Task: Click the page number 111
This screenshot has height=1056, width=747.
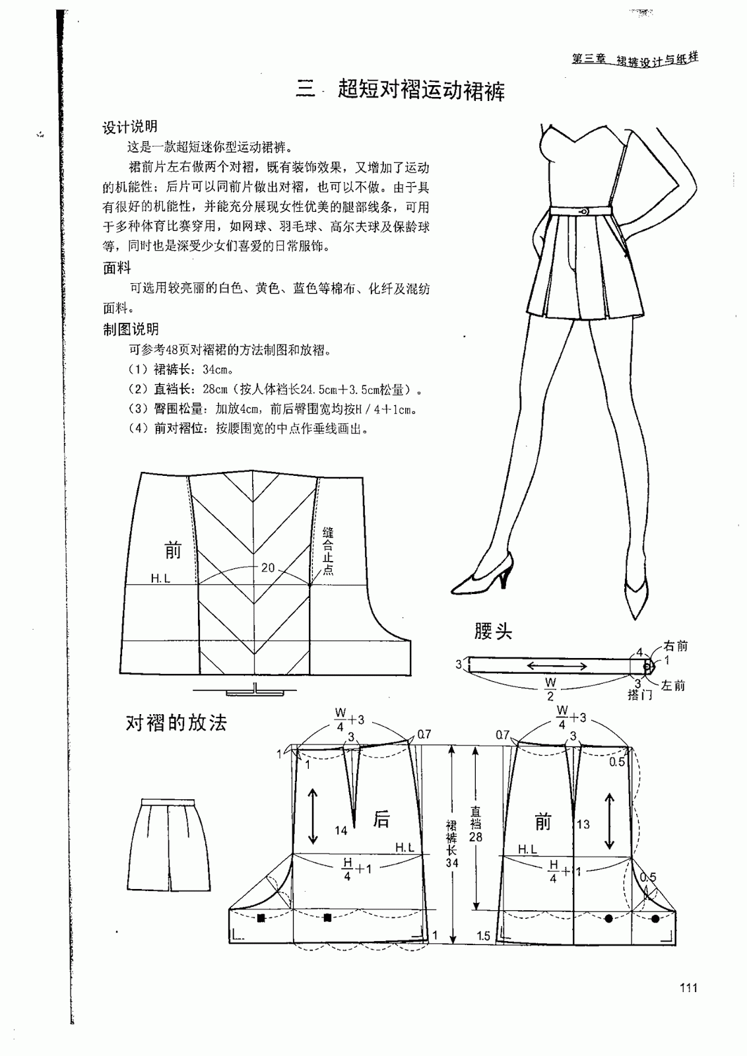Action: (x=687, y=987)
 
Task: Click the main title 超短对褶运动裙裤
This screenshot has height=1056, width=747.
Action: (x=421, y=90)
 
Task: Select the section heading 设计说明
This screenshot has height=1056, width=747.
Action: (x=130, y=127)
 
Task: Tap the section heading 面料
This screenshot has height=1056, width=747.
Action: (x=117, y=268)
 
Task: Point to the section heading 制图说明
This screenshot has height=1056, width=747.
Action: (x=131, y=329)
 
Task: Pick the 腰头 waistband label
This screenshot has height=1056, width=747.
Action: (x=493, y=632)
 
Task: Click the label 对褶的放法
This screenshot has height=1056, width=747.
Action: (x=176, y=723)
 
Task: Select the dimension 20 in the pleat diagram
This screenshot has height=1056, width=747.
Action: (x=268, y=568)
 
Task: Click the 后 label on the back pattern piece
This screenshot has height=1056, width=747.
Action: (x=381, y=819)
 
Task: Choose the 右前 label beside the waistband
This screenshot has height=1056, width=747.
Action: (x=674, y=646)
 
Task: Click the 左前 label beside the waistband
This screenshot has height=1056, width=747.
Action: (x=673, y=686)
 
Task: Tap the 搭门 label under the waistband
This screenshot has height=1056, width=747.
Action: (x=639, y=695)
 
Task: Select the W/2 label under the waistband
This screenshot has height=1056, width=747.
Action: (x=550, y=688)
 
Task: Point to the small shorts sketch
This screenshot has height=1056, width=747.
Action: (x=169, y=845)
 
